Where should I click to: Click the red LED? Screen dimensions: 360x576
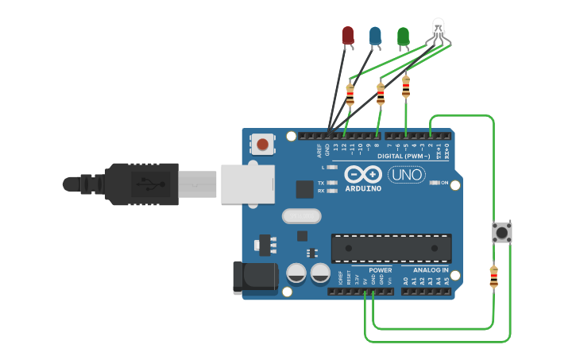[x=347, y=35]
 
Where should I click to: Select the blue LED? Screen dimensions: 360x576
[x=375, y=35]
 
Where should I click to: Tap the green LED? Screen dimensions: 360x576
[x=403, y=36]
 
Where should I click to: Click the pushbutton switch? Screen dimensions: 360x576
[x=501, y=233]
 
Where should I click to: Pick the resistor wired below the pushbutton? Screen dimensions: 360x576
[x=493, y=277]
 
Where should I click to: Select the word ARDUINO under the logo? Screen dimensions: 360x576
[x=363, y=188]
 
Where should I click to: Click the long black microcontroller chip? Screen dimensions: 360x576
[x=391, y=248]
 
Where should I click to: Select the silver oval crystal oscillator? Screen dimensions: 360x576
[x=302, y=215]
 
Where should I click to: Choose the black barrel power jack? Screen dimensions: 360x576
[x=254, y=277]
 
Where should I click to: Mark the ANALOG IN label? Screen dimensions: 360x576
[x=430, y=270]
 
